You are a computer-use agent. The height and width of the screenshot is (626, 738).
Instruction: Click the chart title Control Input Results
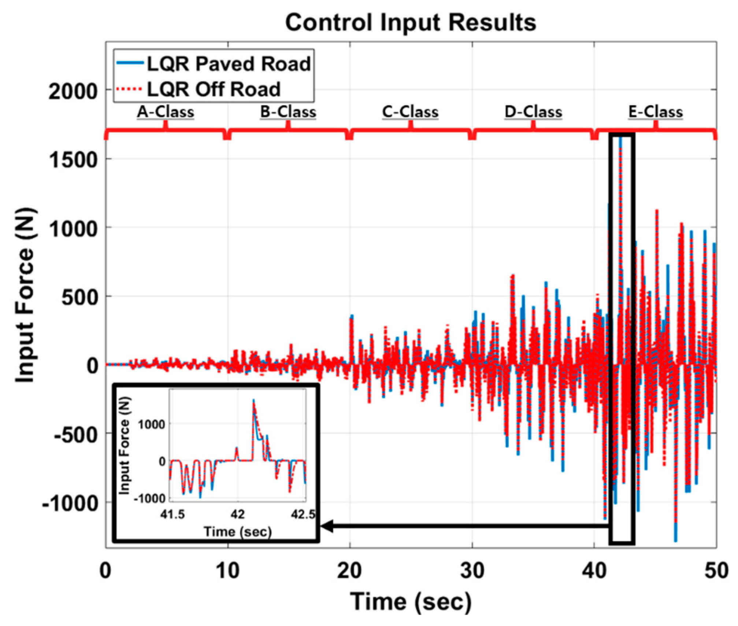(x=410, y=23)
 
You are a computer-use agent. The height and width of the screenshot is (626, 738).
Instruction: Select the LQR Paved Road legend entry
(x=229, y=64)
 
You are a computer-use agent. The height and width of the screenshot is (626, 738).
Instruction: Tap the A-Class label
(x=166, y=112)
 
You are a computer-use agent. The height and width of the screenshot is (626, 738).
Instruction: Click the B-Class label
(x=288, y=112)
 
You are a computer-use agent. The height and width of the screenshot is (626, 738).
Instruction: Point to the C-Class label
(x=410, y=112)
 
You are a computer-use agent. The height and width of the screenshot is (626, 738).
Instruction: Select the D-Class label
(x=533, y=112)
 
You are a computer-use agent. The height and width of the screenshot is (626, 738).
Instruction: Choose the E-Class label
(x=655, y=112)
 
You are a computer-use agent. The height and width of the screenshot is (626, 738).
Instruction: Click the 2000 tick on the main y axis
(x=73, y=91)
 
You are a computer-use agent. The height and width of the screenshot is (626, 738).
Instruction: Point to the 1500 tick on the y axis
(x=73, y=160)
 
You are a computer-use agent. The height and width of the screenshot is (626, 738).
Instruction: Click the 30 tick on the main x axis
(x=472, y=570)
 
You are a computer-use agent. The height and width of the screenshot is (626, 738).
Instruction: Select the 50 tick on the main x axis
(x=716, y=570)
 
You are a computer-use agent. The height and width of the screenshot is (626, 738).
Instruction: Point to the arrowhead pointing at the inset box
(x=327, y=526)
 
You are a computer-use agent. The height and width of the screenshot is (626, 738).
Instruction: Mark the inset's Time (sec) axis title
(x=238, y=532)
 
